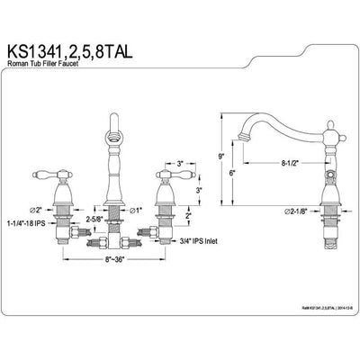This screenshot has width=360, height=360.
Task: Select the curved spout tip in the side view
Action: click(246, 137)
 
